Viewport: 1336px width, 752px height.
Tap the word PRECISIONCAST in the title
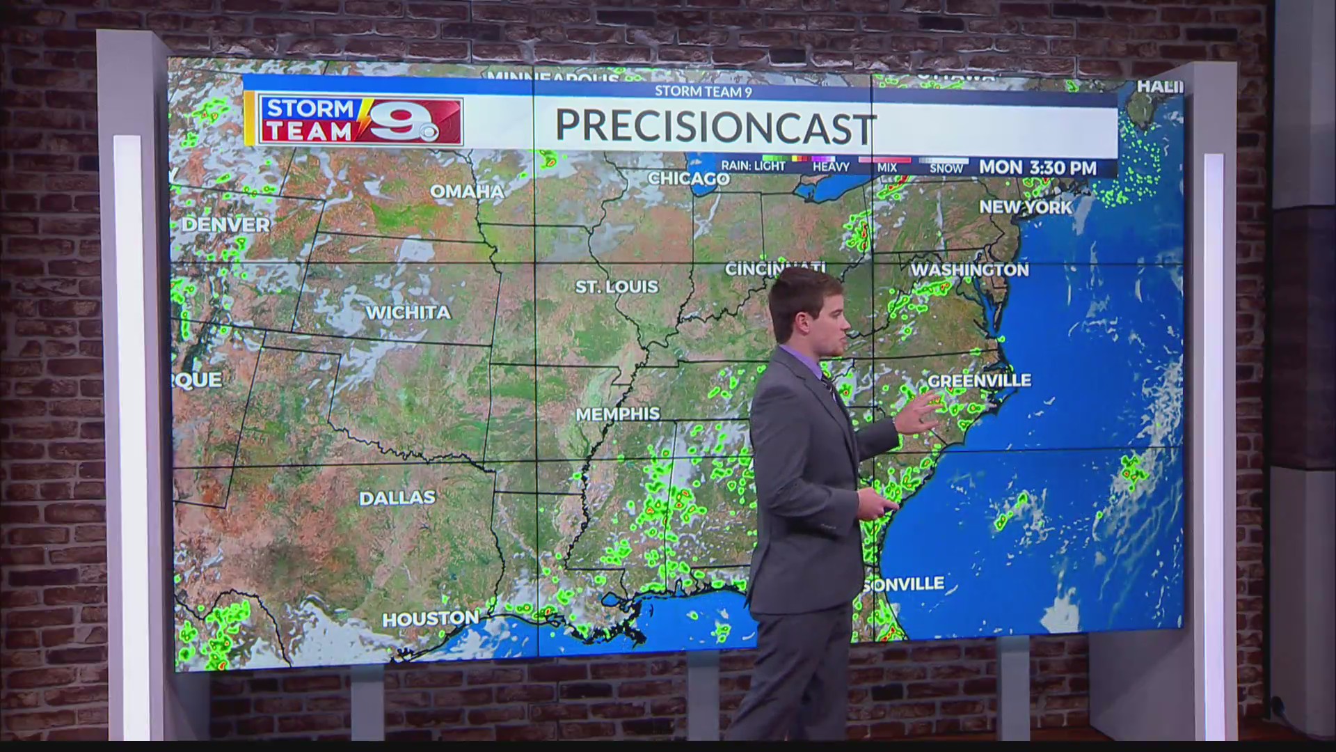coord(714,127)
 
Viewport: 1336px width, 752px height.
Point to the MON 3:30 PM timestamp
coord(1037,168)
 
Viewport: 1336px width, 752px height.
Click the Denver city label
coord(225,225)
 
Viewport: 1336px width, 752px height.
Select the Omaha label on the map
coord(466,191)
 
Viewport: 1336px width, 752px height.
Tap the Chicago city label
coord(688,179)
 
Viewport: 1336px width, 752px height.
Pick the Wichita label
coord(408,313)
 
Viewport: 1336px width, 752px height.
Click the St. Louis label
coord(617,287)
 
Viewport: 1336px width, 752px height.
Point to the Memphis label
coord(618,414)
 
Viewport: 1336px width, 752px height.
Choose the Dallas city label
coord(397,498)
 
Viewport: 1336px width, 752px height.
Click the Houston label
coord(431,619)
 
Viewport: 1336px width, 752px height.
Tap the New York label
coord(1026,207)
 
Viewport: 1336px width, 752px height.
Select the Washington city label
coord(969,270)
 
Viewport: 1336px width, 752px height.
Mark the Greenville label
coord(979,380)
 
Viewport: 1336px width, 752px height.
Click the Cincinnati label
coord(774,269)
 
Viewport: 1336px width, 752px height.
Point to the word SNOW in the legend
coord(946,169)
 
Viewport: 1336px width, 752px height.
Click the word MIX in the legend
coord(887,168)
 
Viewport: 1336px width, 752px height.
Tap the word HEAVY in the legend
coord(831,167)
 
